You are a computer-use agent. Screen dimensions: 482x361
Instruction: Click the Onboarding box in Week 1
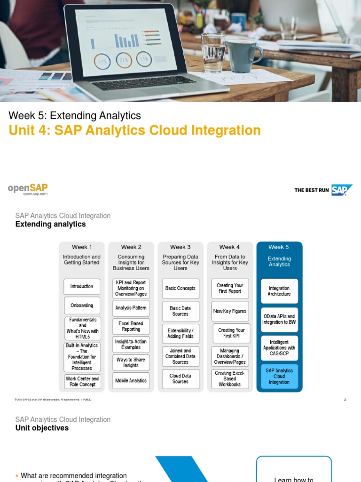[x=82, y=305]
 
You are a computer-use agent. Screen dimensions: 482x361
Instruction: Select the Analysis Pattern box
[x=131, y=308]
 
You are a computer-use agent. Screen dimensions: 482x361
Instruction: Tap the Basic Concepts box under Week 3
[x=180, y=288]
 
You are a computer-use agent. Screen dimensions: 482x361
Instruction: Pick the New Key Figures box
[x=230, y=311]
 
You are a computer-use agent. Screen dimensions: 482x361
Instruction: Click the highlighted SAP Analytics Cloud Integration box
[x=279, y=377]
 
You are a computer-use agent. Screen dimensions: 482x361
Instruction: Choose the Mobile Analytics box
[x=131, y=381]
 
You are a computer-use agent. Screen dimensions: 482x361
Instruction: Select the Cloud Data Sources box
[x=180, y=379]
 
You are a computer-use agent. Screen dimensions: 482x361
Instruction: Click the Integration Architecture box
[x=279, y=291]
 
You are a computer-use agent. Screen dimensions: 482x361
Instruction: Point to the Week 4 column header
[x=229, y=247]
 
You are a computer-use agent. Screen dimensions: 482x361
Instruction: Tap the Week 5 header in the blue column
[x=279, y=247]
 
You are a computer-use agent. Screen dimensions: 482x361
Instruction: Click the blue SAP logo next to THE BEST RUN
[x=341, y=190]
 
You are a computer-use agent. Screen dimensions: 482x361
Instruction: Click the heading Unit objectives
[x=42, y=428]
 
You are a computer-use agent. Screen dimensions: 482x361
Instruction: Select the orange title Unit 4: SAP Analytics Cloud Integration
[x=134, y=130]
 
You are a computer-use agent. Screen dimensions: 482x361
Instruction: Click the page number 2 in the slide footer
[x=345, y=400]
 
